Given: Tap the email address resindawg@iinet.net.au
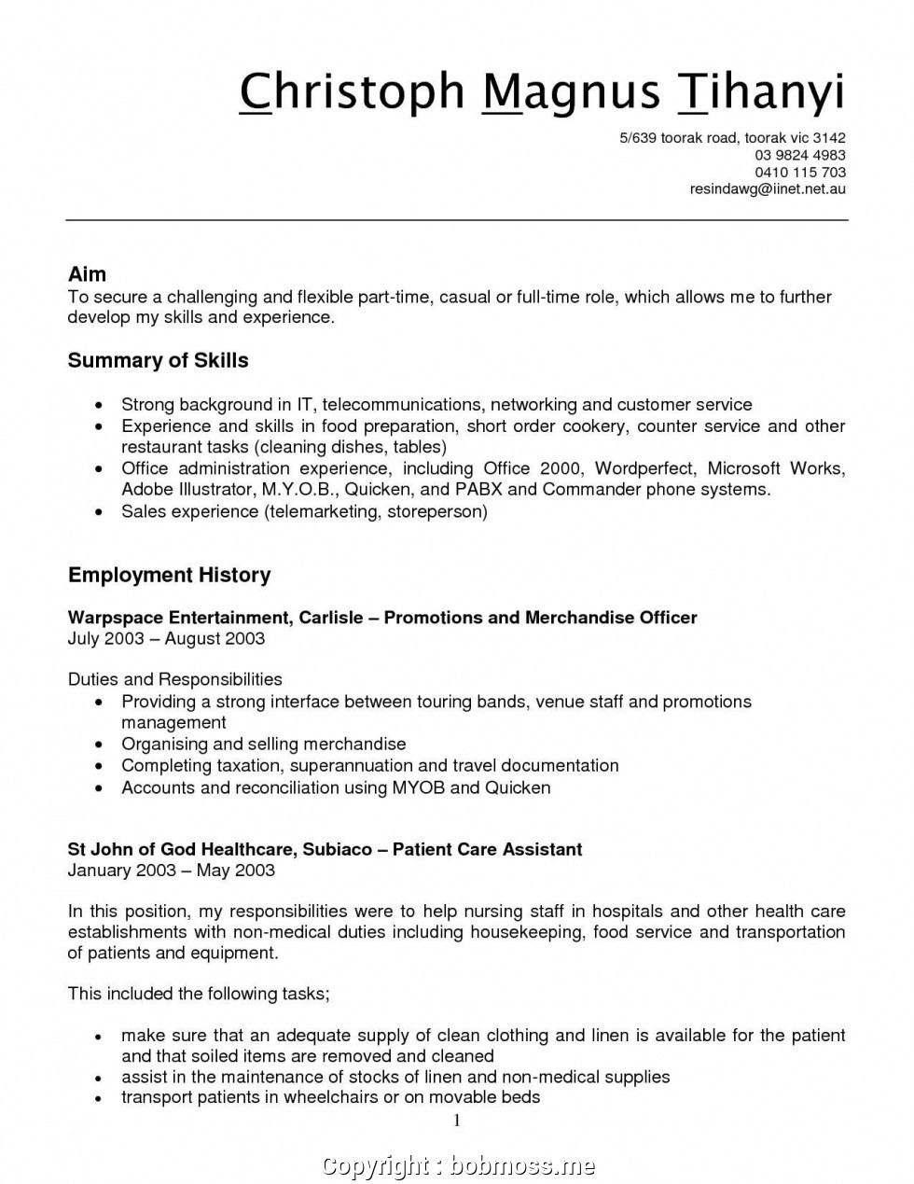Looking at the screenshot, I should (x=768, y=189).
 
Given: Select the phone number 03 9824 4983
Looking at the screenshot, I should (x=799, y=155).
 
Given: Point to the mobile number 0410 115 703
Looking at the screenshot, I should (x=799, y=173).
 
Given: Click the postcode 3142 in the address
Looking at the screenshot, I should (x=828, y=138).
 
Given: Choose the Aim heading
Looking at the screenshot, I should (x=87, y=274).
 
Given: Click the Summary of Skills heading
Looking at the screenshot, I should (x=158, y=360).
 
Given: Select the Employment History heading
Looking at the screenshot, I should (x=169, y=575).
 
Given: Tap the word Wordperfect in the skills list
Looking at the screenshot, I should (x=644, y=468).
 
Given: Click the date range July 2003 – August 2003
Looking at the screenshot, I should (x=166, y=639).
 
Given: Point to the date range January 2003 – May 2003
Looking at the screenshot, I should (x=171, y=871).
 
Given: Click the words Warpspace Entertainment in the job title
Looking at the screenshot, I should (x=177, y=618).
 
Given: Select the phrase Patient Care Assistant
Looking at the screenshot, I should (x=487, y=849).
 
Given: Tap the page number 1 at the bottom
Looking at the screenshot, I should (x=457, y=1121).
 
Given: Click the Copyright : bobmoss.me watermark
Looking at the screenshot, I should (x=457, y=1164).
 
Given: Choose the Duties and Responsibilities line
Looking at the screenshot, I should (x=174, y=679).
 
